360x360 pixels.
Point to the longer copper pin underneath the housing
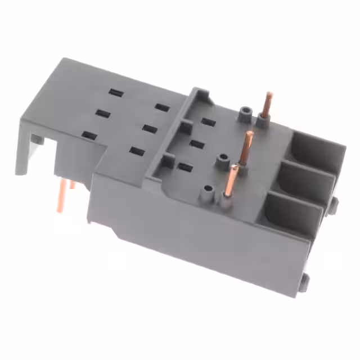click(x=60, y=196)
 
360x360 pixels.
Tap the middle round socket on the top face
click(x=225, y=159)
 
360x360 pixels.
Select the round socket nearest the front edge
click(x=209, y=189)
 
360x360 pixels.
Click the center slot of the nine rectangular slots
click(x=149, y=129)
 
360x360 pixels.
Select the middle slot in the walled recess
click(x=196, y=144)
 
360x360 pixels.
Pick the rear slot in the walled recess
click(x=209, y=121)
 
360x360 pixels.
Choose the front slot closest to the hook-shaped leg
click(x=88, y=135)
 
